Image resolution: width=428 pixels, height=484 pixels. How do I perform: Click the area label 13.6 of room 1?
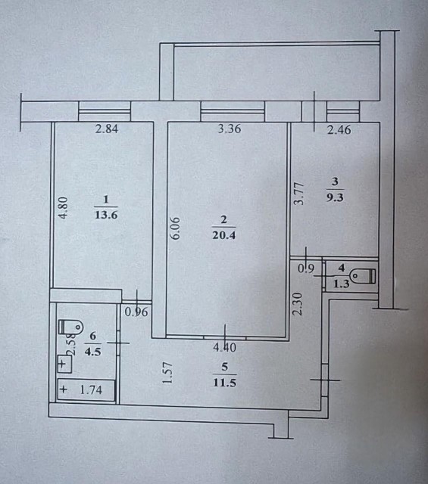[106, 214]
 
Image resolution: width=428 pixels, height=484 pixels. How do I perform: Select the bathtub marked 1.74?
[86, 390]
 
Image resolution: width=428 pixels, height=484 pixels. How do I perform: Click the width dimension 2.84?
[108, 129]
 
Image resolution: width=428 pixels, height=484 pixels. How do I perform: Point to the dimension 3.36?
[229, 129]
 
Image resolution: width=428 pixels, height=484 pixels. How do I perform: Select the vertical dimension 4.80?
[64, 208]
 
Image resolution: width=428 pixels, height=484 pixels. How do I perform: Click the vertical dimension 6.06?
[176, 228]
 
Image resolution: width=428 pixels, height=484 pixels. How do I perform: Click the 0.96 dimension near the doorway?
[136, 309]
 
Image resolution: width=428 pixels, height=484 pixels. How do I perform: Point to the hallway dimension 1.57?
[168, 374]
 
